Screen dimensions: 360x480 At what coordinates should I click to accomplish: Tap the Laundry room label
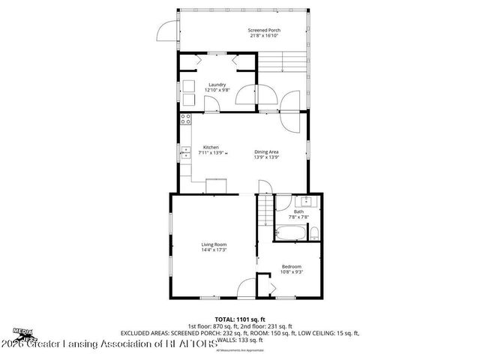(216, 85)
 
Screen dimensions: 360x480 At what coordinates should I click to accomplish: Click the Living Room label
(214, 244)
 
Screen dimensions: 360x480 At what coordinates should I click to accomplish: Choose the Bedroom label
(292, 266)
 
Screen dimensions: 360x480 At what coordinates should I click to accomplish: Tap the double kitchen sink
(184, 154)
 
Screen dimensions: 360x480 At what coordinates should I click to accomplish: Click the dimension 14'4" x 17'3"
(214, 250)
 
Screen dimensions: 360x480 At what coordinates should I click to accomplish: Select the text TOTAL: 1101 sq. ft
(240, 319)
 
